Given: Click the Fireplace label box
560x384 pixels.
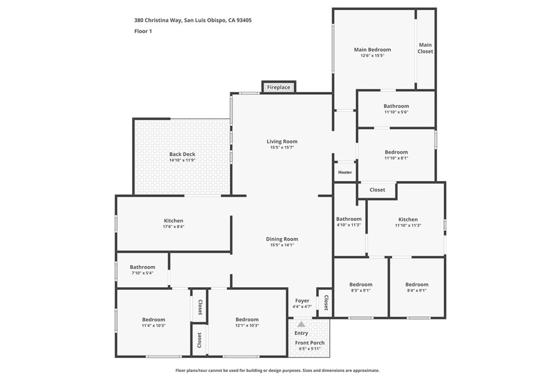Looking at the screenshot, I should tap(278, 88).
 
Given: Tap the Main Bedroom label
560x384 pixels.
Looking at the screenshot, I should tap(372, 50).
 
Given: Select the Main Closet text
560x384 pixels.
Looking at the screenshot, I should tap(425, 48).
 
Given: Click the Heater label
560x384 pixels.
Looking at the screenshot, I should tap(345, 172).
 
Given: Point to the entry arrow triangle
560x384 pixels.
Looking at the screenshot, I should tap(301, 324).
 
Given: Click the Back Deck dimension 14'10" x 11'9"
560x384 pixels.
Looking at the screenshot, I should tap(182, 161).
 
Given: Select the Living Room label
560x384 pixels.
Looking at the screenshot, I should tap(282, 142).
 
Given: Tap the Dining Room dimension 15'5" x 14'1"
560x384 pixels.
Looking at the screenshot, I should tap(282, 245).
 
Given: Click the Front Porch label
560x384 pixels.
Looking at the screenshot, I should tap(310, 343).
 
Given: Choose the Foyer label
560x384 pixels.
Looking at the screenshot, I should tap(302, 301).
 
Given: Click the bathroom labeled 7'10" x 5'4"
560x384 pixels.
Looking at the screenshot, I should tap(142, 267).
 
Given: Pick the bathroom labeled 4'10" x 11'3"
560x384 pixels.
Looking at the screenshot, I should tap(348, 219).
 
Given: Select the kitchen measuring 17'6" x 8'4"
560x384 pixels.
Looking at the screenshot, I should tap(172, 221).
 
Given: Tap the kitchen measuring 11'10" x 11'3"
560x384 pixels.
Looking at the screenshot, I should tap(408, 219).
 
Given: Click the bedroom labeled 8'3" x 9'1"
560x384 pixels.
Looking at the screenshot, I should tap(361, 284).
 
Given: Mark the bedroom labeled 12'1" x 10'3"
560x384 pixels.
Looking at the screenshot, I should tap(247, 320).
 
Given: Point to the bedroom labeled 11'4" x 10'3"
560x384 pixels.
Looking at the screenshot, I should tap(154, 320).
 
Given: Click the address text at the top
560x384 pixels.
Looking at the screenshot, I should tap(193, 20).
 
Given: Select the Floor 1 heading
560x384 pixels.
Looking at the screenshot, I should tap(143, 31).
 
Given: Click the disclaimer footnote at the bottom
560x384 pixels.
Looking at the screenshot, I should tap(277, 370).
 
